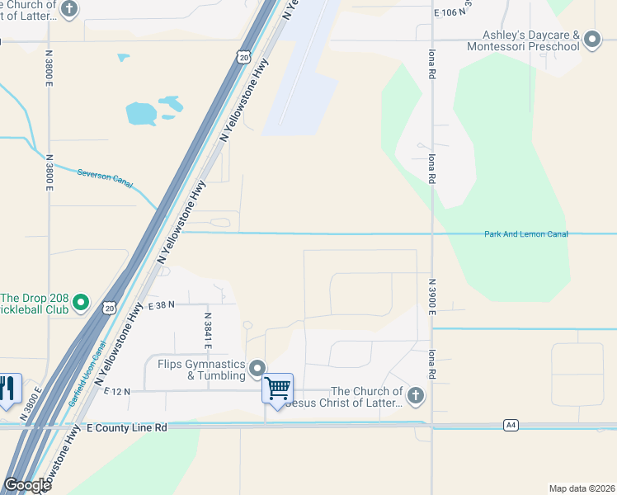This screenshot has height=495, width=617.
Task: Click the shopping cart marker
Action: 278,387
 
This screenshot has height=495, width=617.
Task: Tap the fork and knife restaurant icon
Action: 8,388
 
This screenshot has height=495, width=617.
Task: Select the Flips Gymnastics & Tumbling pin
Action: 258,368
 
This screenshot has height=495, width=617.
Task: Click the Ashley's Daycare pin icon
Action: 591,39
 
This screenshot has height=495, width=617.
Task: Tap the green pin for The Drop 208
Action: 81,303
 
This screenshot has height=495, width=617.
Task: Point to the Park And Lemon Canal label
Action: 525,234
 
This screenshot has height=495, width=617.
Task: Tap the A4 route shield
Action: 511,425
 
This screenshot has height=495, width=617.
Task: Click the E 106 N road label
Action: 445,13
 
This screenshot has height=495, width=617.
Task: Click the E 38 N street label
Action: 162,305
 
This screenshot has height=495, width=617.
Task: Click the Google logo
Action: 27,485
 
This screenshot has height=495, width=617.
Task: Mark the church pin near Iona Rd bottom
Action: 415,396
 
